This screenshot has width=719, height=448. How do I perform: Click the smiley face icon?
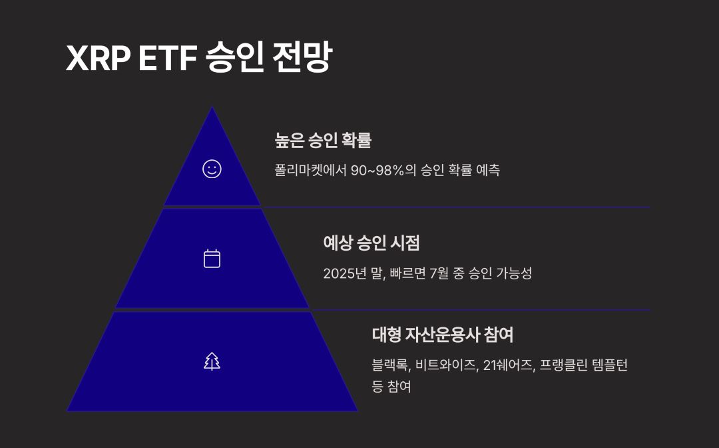point(212,169)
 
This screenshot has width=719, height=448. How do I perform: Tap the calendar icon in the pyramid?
point(212,258)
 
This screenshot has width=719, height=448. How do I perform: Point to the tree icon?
point(212,361)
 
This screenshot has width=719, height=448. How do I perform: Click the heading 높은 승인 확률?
point(323,141)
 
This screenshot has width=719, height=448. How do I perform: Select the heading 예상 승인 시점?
point(371,243)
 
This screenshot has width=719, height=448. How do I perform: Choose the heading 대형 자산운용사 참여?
point(442,335)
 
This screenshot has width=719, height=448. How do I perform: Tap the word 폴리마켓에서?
point(310,170)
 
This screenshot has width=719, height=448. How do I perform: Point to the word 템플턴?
point(612,365)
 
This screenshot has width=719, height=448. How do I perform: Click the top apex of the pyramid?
point(212,109)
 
